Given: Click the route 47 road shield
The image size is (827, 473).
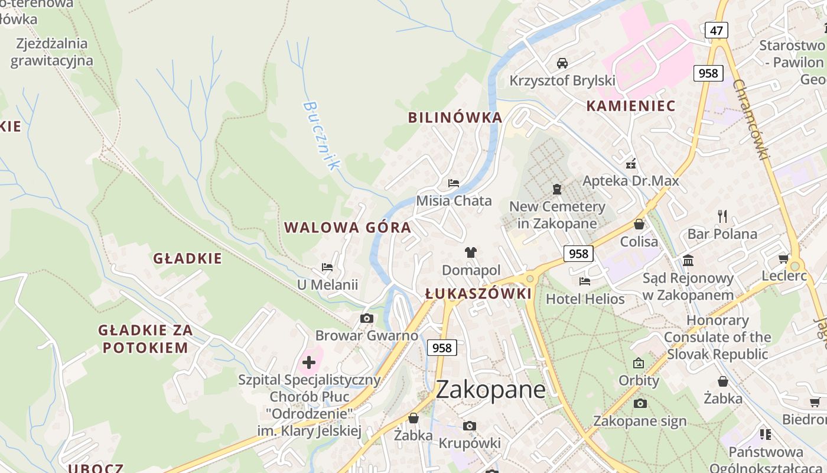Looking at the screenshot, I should click(716, 30).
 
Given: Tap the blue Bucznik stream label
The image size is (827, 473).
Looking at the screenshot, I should click(321, 135).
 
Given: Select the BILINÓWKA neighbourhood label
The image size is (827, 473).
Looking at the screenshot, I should click(455, 117).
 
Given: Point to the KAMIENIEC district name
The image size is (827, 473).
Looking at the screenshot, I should click(630, 106).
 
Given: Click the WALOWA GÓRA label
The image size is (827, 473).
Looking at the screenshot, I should click(347, 228).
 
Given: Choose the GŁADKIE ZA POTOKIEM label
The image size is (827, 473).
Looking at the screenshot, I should click(145, 339).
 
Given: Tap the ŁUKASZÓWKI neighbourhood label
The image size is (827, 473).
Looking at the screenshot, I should click(478, 294).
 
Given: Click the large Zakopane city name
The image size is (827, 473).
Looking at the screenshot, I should click(490, 389).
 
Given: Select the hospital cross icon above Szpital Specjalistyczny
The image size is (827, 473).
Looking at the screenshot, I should click(309, 362).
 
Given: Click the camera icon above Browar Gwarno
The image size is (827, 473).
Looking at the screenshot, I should click(366, 318).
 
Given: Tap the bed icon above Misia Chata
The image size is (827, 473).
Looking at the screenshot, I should click(454, 183).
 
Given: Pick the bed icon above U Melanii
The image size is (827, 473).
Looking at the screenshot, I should click(327, 267).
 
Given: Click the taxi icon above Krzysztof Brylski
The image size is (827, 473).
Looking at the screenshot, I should click(562, 63).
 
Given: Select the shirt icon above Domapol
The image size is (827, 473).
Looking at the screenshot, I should click(470, 252).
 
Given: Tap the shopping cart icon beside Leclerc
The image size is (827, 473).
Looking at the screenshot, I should click(784, 258).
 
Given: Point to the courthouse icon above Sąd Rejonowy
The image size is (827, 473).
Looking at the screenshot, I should click(688, 260).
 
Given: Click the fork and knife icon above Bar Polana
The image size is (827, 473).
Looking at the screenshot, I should click(722, 216).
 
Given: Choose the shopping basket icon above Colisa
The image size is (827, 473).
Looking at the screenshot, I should click(639, 224).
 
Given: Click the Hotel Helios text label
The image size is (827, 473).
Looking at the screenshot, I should click(585, 299).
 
